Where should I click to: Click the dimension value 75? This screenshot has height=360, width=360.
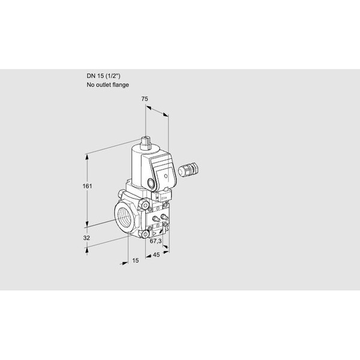click(145, 99)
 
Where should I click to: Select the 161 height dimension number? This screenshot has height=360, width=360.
click(87, 186)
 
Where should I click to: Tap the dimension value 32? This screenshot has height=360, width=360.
click(86, 238)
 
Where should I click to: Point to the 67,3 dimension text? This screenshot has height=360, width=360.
click(155, 241)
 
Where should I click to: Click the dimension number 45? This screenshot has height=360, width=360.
click(156, 254)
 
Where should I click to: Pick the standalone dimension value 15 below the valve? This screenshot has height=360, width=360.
click(136, 260)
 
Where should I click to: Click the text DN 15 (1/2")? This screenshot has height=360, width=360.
click(103, 76)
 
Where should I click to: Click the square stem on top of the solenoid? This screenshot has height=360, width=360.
click(146, 143)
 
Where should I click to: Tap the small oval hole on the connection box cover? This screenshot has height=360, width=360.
click(166, 176)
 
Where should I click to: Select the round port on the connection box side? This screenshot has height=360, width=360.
click(151, 183)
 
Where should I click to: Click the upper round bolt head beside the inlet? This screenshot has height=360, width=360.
click(145, 205)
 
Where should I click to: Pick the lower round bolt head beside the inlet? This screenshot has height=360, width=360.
click(145, 234)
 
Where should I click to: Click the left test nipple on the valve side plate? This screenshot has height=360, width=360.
click(156, 218)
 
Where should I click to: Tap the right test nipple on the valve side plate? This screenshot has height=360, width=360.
click(164, 217)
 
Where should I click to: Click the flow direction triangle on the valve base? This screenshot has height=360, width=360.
click(154, 233)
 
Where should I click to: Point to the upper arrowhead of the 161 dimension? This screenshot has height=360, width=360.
click(87, 157)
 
